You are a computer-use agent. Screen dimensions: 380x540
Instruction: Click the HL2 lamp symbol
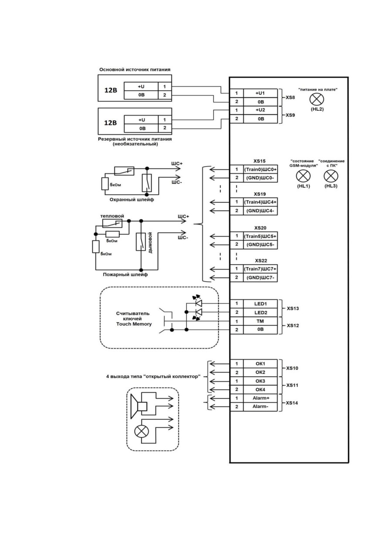pos(316,99)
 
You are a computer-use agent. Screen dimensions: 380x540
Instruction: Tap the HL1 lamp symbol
pos(303,176)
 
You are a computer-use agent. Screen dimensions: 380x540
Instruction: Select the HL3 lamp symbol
pos(331,176)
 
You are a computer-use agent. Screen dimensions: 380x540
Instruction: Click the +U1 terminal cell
pos(260,93)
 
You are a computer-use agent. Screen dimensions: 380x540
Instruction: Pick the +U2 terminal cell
pos(260,110)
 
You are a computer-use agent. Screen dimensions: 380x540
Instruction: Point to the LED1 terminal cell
pos(260,304)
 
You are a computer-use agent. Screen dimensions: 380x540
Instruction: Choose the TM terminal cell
pos(260,321)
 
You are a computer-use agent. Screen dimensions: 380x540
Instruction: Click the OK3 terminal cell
pos(260,381)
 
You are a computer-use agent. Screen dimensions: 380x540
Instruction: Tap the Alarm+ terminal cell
pos(260,398)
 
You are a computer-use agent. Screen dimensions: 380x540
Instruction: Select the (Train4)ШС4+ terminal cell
pos(260,202)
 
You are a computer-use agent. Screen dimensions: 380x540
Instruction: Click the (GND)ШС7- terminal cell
pos(260,278)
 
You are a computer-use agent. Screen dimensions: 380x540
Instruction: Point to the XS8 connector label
pos(290,98)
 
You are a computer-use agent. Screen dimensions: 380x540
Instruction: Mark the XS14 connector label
pos(292,403)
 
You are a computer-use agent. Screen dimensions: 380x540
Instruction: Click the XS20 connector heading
pos(260,228)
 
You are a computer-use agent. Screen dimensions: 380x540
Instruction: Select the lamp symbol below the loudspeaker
pos(142,431)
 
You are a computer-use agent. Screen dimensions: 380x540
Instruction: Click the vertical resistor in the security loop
pos(105,183)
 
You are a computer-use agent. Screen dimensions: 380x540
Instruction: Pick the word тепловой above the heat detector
pos(112,216)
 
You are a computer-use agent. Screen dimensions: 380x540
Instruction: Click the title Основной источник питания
pos(135,70)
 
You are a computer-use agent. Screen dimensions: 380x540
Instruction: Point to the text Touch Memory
pos(134,324)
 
